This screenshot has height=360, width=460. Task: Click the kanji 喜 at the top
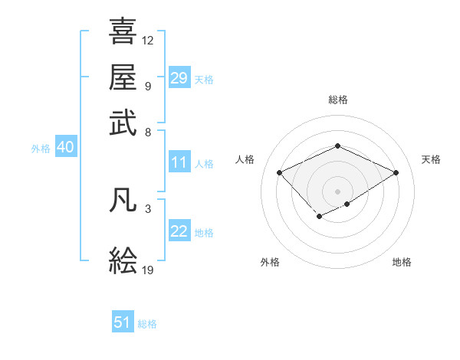click(x=123, y=32)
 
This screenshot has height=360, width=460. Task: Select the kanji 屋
click(x=123, y=77)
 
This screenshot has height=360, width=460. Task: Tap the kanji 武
click(x=123, y=123)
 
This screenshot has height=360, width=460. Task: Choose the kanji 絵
click(x=123, y=260)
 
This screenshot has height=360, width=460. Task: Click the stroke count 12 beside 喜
click(x=148, y=40)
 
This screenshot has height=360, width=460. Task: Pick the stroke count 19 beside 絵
click(x=148, y=270)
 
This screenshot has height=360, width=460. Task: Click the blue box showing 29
click(x=179, y=78)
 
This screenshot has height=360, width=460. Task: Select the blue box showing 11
click(x=179, y=162)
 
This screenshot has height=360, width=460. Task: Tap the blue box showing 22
click(x=179, y=231)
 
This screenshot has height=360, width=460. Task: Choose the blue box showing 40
click(x=65, y=148)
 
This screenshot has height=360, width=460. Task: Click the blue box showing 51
click(x=123, y=322)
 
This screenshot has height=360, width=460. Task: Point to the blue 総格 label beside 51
click(x=147, y=324)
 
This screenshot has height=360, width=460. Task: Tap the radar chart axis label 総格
click(x=337, y=100)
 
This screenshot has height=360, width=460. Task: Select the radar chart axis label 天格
click(x=431, y=159)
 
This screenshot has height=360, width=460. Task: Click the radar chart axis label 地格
click(x=402, y=262)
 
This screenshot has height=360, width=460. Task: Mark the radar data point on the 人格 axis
click(x=280, y=173)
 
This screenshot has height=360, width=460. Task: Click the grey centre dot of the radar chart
click(x=337, y=191)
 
